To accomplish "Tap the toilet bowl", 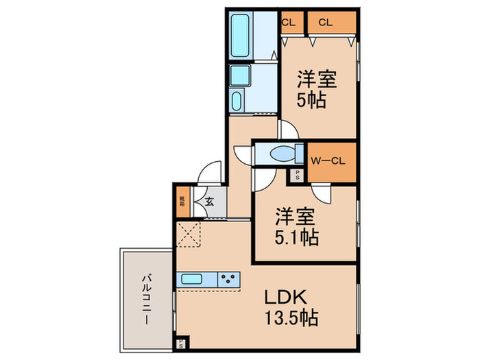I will [x=282, y=154].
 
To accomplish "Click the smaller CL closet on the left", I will [x=288, y=22].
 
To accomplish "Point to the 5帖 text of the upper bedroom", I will [x=311, y=100].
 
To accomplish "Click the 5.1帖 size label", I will [x=297, y=238].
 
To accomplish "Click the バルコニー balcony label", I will [x=147, y=299].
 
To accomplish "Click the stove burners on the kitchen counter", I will [x=229, y=280].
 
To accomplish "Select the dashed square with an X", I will [x=188, y=234].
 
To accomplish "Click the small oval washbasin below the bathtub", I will [x=237, y=101].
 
